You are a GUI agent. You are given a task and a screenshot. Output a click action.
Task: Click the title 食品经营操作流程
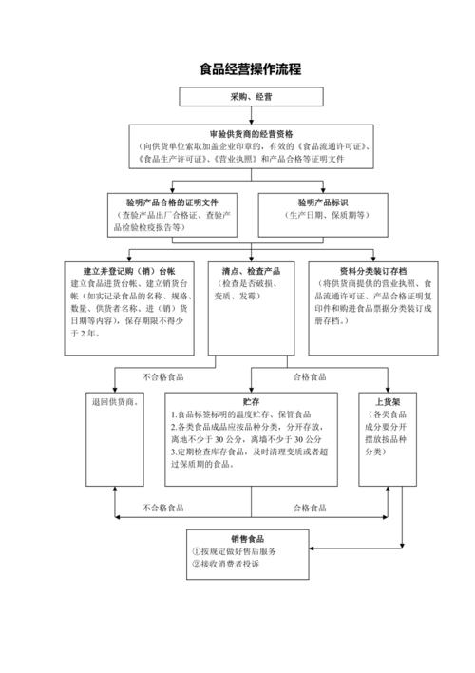tap(250, 69)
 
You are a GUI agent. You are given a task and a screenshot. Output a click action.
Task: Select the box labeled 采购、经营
tap(250, 97)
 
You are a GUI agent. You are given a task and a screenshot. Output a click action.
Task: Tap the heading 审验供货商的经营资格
tap(252, 134)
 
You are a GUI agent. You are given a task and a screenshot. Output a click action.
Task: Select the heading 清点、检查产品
tap(250, 271)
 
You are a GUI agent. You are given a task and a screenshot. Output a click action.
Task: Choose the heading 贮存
tap(250, 402)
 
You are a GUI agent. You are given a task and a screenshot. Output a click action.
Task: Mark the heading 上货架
tap(388, 402)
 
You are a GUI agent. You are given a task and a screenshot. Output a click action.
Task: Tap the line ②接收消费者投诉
tap(225, 566)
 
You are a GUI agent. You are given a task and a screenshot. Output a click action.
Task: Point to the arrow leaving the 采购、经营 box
tap(251, 116)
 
